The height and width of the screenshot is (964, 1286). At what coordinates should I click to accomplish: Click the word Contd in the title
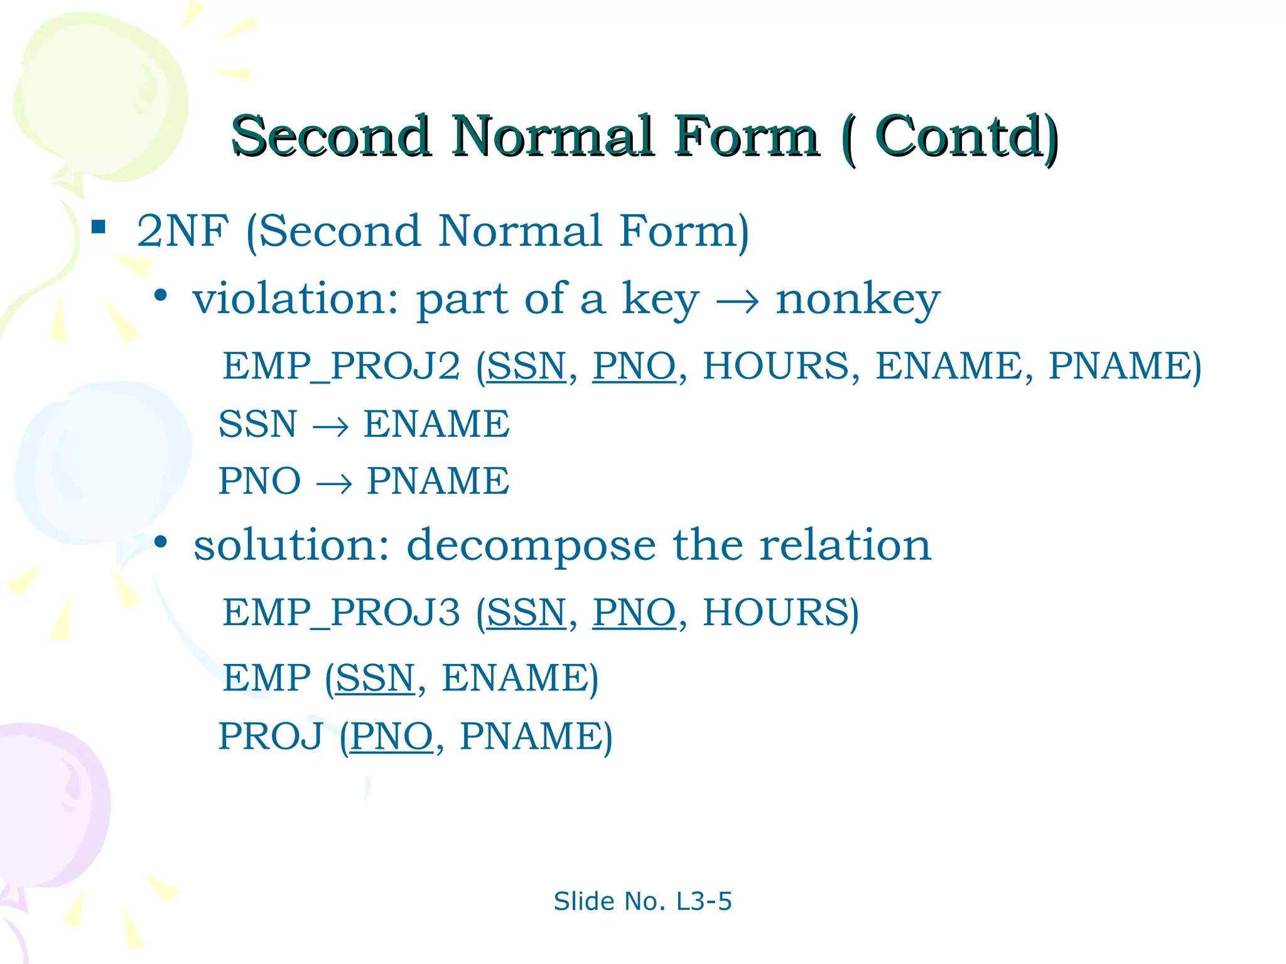click(957, 136)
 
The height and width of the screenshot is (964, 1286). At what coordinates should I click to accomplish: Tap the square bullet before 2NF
click(99, 226)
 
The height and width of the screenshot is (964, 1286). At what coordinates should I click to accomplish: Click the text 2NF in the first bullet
click(183, 231)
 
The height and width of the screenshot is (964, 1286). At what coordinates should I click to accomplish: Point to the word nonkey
click(858, 300)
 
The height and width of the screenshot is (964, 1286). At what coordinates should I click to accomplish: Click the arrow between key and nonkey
click(737, 303)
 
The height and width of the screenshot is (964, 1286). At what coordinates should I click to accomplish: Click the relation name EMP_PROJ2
click(342, 366)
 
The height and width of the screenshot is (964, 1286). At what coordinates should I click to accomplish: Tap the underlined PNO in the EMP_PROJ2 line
click(634, 366)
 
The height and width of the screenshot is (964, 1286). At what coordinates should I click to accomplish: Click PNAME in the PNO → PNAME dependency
click(438, 481)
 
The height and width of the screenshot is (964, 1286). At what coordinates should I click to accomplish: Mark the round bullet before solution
click(161, 542)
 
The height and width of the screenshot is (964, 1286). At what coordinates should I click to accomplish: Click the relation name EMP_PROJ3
click(342, 613)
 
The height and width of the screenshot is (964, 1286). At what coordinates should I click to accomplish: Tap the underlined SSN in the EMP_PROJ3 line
click(526, 613)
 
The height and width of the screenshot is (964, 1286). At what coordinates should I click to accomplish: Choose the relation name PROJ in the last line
click(271, 736)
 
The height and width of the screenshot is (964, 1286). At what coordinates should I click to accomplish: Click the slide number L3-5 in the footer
click(703, 901)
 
